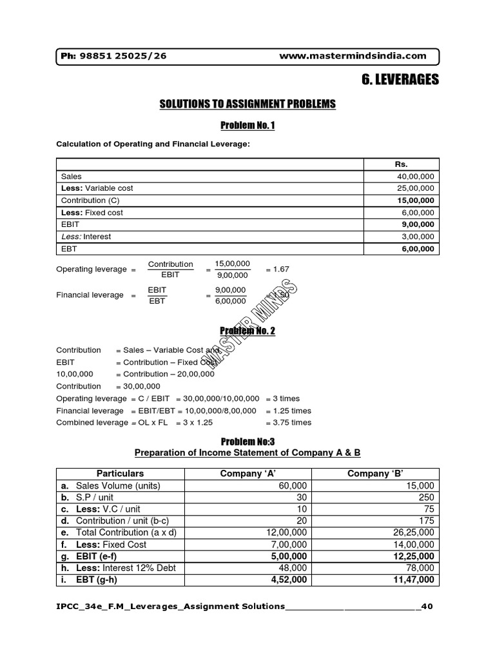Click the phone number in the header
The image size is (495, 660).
pyautogui.click(x=113, y=56)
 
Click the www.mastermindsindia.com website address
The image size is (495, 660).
pyautogui.click(x=353, y=56)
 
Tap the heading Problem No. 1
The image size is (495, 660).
pyautogui.click(x=247, y=125)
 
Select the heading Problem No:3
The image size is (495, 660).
pyautogui.click(x=247, y=442)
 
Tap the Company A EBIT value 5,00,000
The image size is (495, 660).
pyautogui.click(x=286, y=556)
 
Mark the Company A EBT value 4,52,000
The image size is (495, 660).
pyautogui.click(x=286, y=580)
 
